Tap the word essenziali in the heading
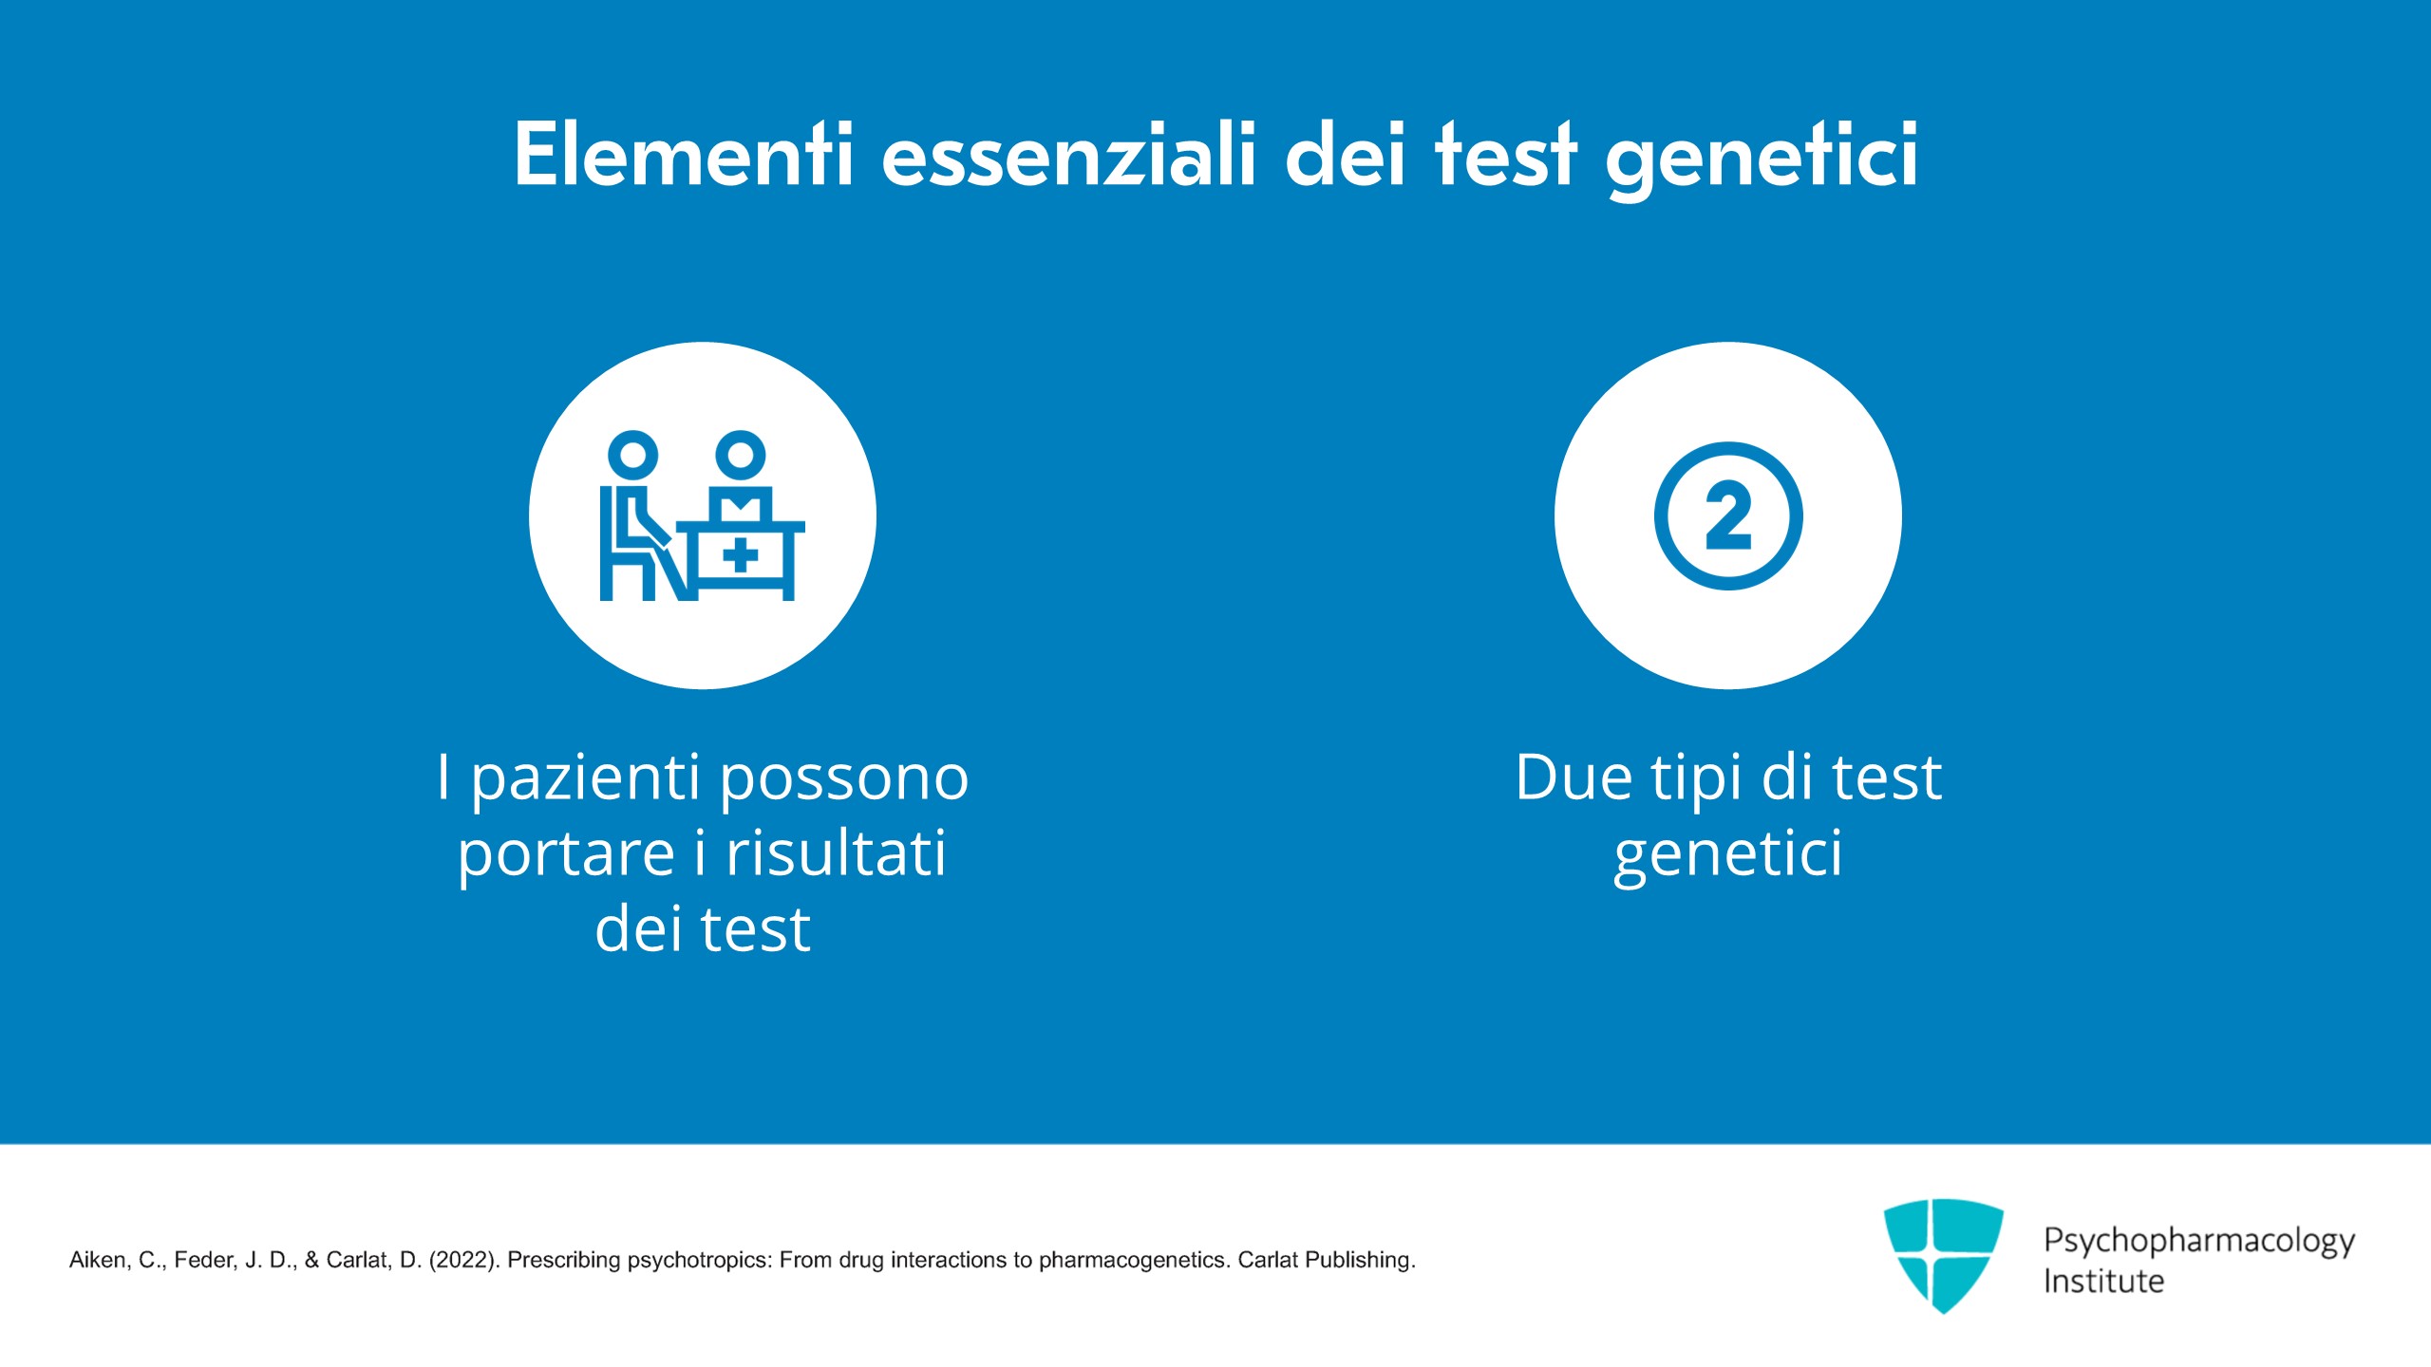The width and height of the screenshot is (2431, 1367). click(1069, 154)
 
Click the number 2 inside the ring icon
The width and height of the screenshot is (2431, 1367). click(1728, 515)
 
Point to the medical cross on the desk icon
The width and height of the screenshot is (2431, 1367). click(741, 556)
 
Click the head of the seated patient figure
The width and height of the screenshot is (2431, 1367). click(632, 455)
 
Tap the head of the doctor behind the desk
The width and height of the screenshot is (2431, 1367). click(741, 455)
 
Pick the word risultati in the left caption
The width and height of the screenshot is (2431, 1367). click(836, 852)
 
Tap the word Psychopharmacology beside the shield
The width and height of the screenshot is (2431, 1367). click(2199, 1242)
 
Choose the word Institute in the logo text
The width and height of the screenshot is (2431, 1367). click(2103, 1282)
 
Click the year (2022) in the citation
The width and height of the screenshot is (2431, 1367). click(464, 1260)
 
